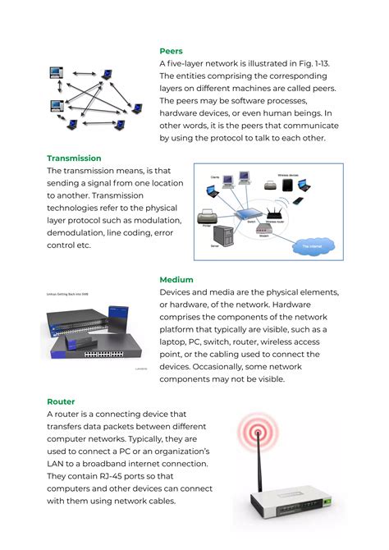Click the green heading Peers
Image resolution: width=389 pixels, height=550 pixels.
coord(171,51)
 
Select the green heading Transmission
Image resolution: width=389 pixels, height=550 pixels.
coord(74,158)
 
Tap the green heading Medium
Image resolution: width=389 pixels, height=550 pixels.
coord(176,280)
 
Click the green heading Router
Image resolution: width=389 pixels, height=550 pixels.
coord(61,401)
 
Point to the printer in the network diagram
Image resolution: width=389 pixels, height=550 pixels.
coord(207,218)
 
